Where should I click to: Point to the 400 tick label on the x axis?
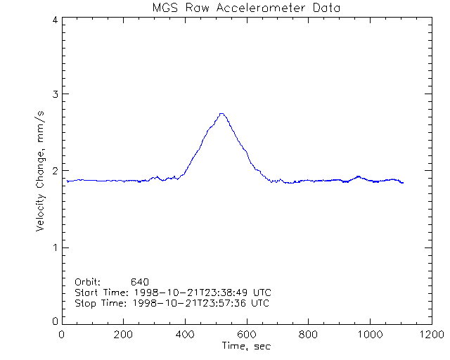185,335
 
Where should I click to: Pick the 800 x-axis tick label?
308,335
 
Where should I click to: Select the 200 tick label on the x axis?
124,335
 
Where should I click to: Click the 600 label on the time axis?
247,335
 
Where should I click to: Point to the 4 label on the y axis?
54,20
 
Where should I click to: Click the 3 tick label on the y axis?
54,94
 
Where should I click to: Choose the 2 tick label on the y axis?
54,171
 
